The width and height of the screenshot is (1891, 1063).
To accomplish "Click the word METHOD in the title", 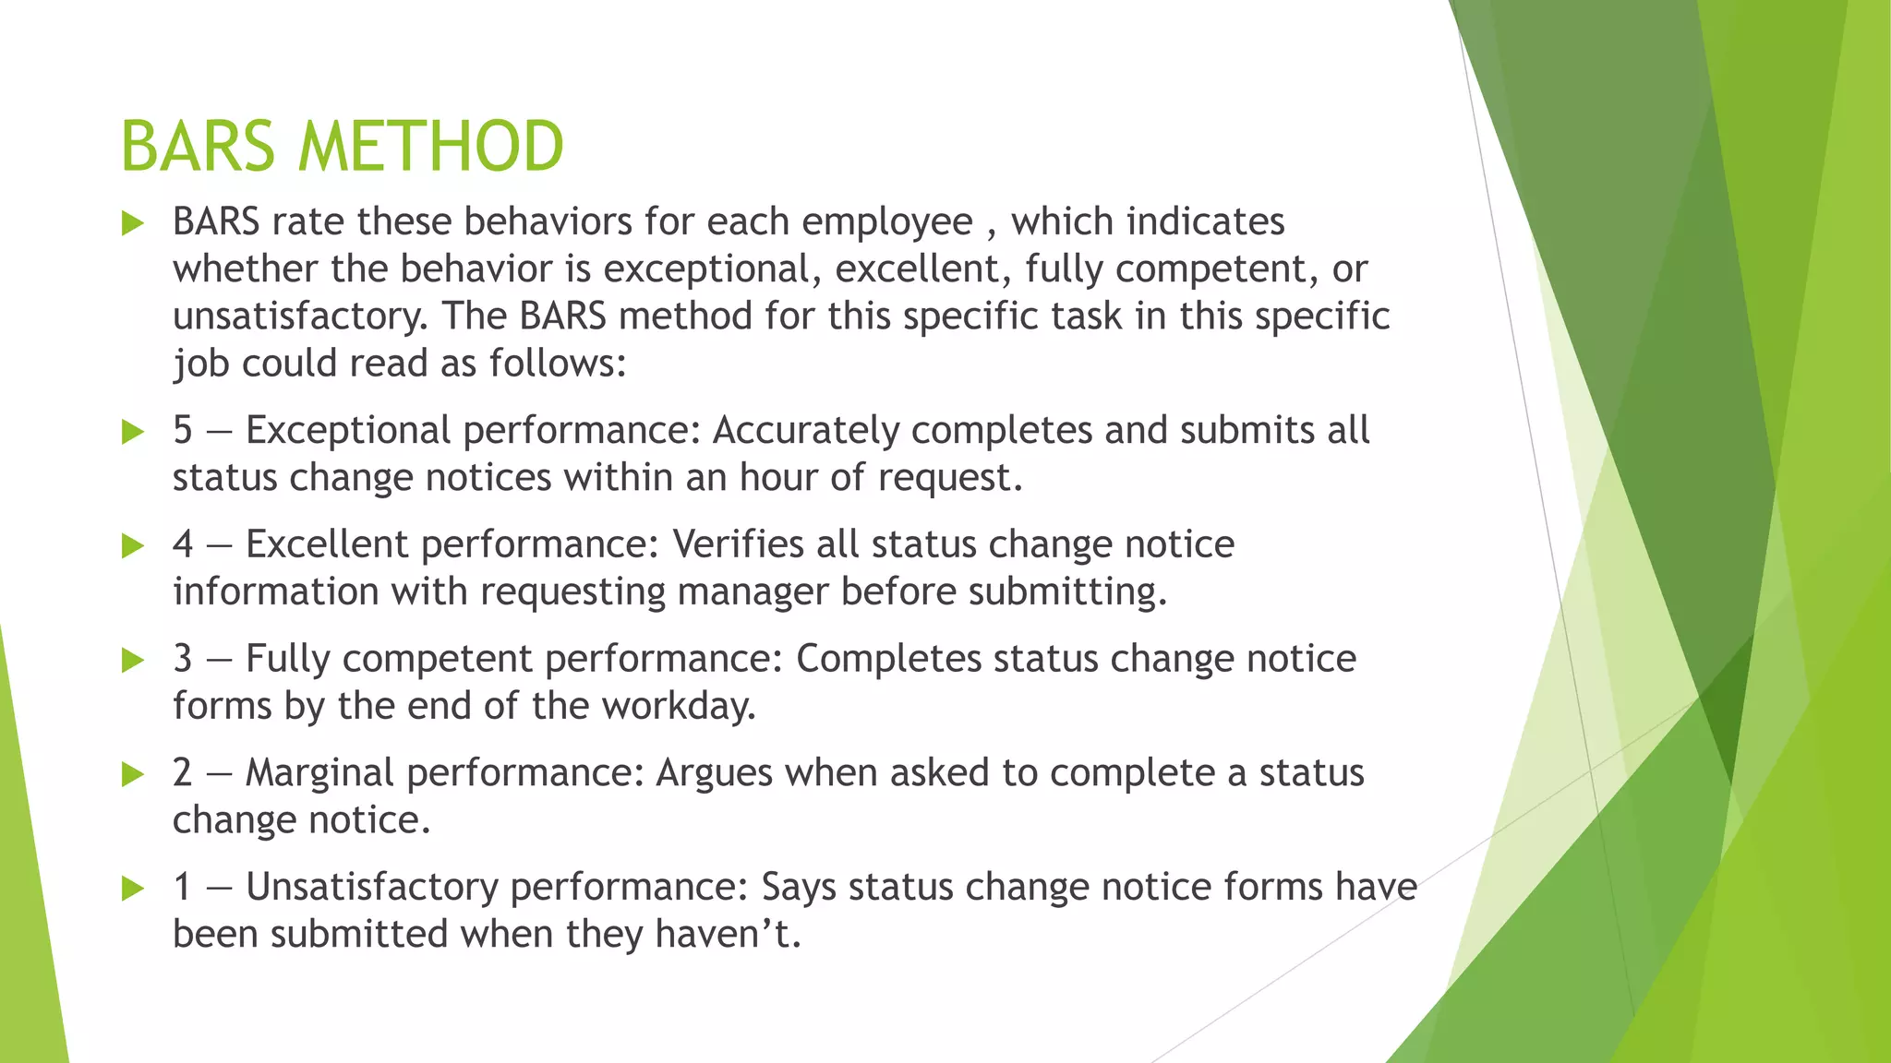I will (x=430, y=147).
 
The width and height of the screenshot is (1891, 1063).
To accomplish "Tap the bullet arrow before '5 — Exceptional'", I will (x=133, y=432).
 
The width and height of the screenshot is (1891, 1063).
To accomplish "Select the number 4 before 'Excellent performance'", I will (x=183, y=544).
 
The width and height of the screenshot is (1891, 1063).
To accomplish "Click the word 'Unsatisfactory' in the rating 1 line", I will (x=371, y=887).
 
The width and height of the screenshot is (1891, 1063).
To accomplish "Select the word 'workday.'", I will (x=679, y=706).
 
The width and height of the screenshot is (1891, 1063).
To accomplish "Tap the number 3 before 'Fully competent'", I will (x=183, y=659).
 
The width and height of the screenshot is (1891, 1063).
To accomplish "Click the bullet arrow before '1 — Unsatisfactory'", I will (x=133, y=889).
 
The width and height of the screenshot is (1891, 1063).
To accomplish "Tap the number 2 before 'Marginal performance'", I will (x=183, y=772).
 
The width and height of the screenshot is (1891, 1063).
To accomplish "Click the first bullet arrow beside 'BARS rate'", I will (x=133, y=223).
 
